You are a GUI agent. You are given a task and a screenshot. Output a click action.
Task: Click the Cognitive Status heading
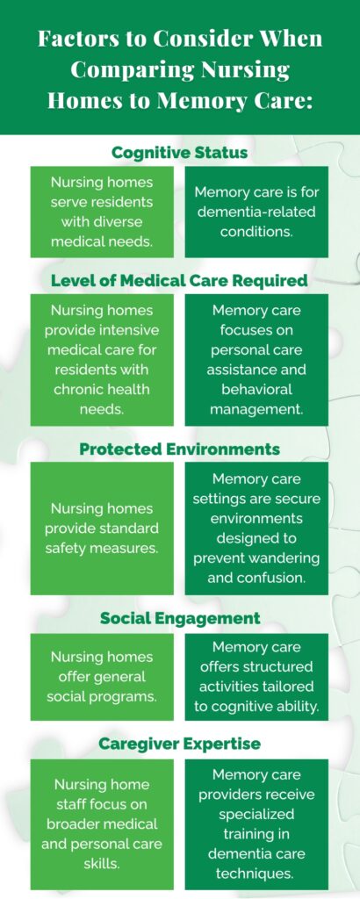click(x=179, y=153)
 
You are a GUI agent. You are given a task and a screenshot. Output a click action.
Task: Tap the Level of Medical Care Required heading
click(x=179, y=281)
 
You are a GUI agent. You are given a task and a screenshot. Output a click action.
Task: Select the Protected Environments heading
click(x=179, y=449)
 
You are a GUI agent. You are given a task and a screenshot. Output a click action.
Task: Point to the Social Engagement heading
click(x=179, y=618)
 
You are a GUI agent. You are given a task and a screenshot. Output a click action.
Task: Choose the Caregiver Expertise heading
click(x=179, y=744)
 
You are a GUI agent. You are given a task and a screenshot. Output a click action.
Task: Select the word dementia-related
click(x=256, y=212)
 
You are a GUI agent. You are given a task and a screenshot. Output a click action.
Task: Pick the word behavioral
click(x=256, y=389)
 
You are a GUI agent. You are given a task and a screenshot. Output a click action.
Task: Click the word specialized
click(x=256, y=814)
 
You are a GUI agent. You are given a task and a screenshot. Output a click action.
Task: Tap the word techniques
click(x=256, y=874)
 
